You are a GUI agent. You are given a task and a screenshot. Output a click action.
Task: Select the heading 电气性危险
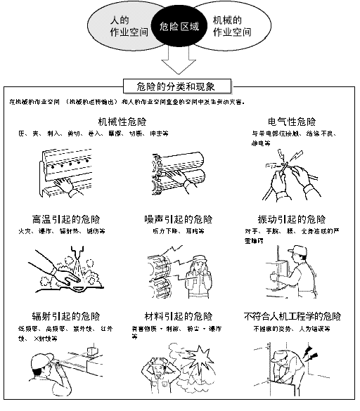pyautogui.click(x=292, y=122)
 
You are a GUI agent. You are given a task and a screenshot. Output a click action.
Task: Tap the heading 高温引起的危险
pyautogui.click(x=61, y=218)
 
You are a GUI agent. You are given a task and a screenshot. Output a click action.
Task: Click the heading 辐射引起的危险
pyautogui.click(x=61, y=315)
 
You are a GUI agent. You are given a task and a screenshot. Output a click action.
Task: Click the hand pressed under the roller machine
pyautogui.click(x=65, y=185)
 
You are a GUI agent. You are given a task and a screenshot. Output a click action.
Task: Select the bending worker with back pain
pyautogui.click(x=292, y=365)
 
